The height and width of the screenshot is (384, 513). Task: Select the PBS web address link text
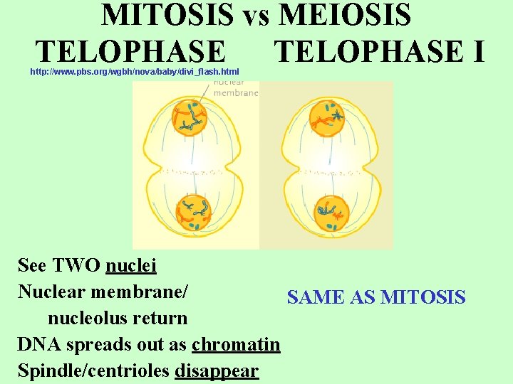click(x=135, y=72)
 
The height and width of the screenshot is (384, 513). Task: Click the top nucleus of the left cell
click(x=189, y=117)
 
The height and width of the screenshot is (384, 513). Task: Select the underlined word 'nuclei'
click(x=131, y=266)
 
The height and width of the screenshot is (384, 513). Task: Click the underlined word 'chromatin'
click(x=236, y=345)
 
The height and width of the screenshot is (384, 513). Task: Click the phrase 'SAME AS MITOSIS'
click(x=376, y=297)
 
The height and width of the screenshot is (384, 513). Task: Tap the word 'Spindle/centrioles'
click(x=94, y=371)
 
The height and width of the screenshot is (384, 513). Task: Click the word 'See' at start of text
click(x=31, y=266)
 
